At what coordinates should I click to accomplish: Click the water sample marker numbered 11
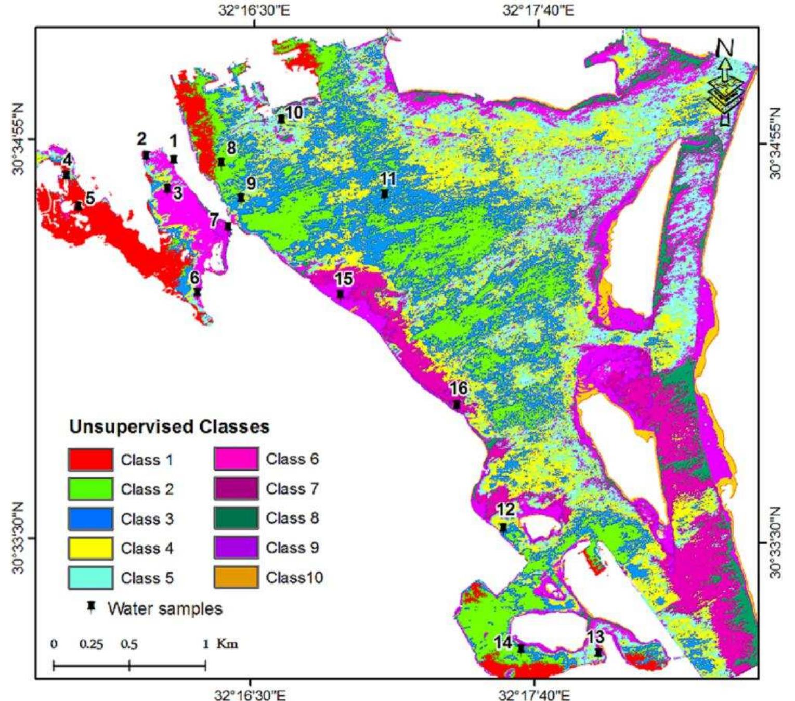385,194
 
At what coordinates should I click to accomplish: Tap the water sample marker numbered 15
341,294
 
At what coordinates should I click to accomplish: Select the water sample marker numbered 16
457,405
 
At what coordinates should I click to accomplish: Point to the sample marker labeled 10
281,119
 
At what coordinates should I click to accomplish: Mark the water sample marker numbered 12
503,527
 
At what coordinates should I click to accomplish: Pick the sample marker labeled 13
598,652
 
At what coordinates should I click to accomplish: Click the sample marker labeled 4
67,175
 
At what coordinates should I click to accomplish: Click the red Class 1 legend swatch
90,460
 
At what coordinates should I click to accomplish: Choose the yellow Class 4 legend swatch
90,548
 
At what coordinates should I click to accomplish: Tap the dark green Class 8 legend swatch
236,518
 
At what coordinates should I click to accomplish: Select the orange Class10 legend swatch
236,578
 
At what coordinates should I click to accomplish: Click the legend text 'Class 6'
292,459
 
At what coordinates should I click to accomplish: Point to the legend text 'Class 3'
147,519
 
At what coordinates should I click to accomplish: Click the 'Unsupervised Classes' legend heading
170,427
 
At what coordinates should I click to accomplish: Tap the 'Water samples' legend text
165,608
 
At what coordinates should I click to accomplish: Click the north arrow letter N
725,48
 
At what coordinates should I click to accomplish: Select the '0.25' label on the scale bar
91,644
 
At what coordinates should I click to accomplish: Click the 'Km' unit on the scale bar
227,644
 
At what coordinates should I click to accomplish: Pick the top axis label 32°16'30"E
254,11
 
